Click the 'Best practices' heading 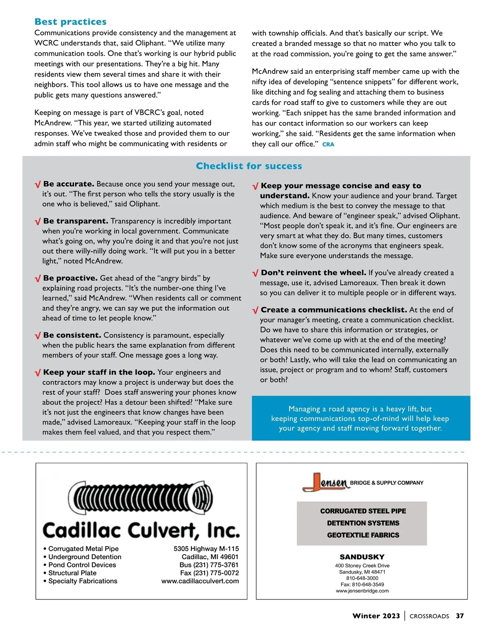70,22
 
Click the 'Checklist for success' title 249,166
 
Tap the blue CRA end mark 328,144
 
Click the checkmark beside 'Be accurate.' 37,185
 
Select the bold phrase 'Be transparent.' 76,221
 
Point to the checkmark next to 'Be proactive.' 37,279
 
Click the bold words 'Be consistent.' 72,335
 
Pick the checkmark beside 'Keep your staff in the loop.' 37,373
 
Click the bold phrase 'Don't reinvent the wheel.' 314,273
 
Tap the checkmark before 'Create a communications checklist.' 255,311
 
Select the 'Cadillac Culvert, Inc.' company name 141,530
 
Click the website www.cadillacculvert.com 200,581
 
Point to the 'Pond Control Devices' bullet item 82,565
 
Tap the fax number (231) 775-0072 216,573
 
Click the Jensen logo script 326,483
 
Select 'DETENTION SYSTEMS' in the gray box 363,523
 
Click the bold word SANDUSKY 362,557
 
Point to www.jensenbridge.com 362,590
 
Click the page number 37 460,616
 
